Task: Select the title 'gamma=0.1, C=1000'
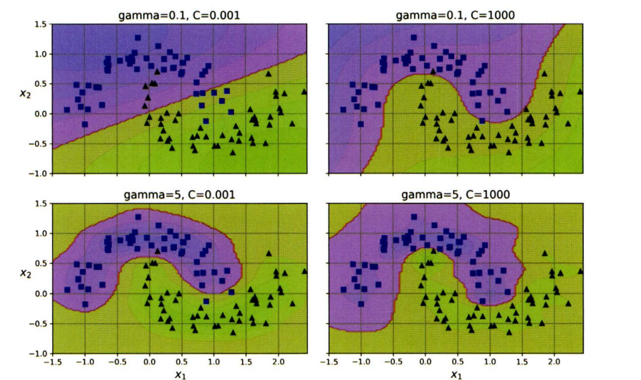456,12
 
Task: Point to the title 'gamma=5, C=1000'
456,194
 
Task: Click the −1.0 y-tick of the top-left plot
40,174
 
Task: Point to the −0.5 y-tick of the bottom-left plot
40,323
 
